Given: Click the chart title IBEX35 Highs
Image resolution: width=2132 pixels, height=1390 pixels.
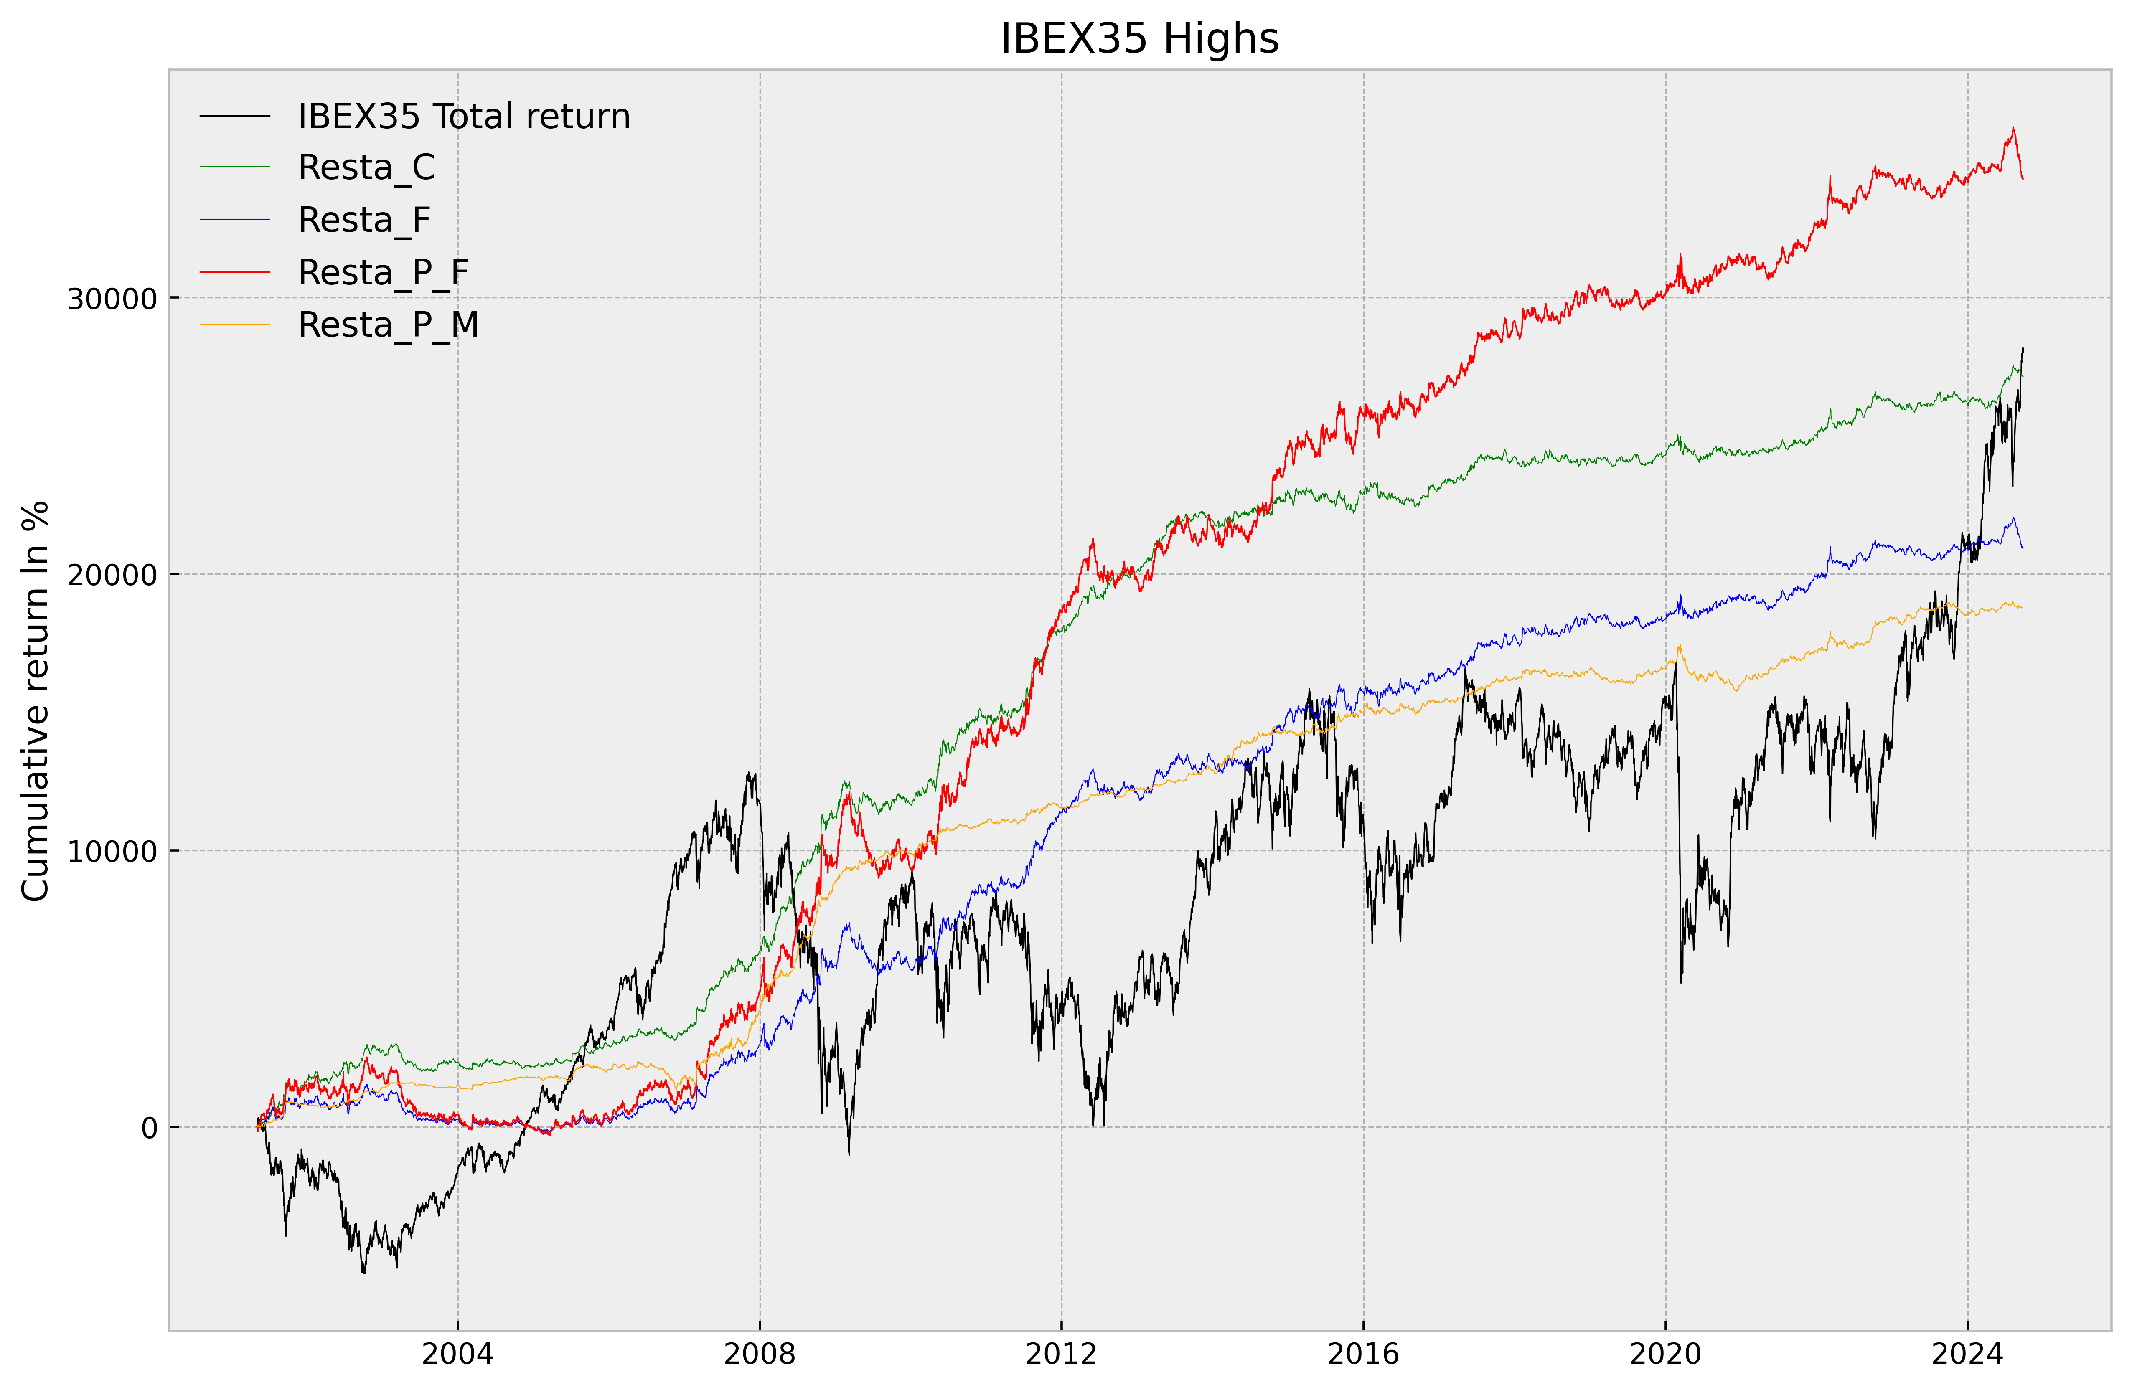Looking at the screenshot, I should [1139, 38].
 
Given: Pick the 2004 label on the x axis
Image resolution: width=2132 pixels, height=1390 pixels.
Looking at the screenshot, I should [458, 1354].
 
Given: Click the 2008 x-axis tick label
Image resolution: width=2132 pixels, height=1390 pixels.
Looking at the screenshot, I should [760, 1354].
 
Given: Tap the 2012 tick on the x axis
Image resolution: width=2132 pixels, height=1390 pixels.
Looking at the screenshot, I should [1062, 1354].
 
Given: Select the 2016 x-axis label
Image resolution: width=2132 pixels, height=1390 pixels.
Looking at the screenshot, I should [1363, 1354].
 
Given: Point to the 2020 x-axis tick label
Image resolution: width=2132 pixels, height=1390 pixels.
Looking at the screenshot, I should [1665, 1354].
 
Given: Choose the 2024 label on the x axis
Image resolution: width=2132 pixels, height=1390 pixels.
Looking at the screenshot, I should [1967, 1354].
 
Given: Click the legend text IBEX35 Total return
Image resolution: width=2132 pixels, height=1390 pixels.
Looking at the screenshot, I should [464, 117].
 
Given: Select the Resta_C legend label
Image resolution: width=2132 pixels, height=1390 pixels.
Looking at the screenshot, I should [366, 167].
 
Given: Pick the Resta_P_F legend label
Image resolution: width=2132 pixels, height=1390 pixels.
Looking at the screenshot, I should [384, 272].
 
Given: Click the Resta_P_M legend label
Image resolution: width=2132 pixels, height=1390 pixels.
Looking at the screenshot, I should [388, 324].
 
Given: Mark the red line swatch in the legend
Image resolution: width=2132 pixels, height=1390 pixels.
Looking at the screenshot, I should [235, 272].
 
